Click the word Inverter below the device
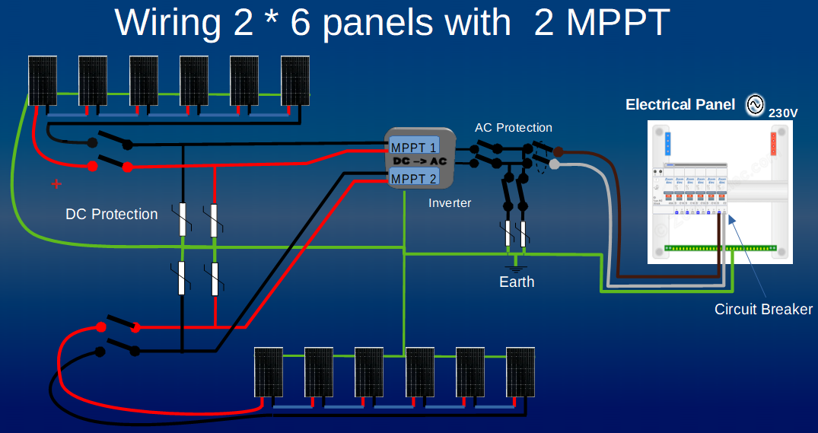point(450,202)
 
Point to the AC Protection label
point(514,128)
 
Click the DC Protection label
point(112,215)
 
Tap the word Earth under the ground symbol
point(517,282)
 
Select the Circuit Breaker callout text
point(763,310)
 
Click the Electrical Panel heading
point(680,105)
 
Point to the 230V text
point(783,113)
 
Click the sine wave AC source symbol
point(755,105)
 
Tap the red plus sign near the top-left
point(56,183)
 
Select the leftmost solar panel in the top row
point(43,79)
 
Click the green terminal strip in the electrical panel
point(718,248)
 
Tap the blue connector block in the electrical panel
point(669,142)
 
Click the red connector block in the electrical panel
point(774,142)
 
